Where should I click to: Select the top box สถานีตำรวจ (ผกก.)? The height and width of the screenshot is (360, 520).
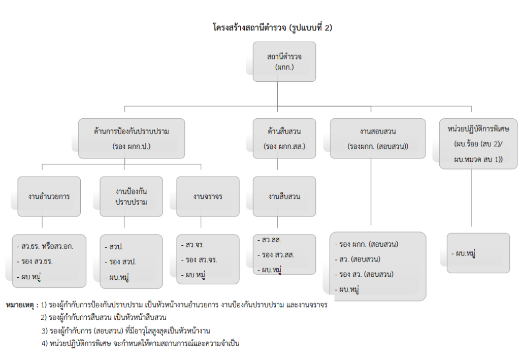tap(284, 61)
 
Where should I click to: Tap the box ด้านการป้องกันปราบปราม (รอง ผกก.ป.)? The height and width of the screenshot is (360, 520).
tap(131, 139)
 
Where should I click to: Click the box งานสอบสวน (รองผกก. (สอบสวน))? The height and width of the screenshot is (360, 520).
tap(377, 139)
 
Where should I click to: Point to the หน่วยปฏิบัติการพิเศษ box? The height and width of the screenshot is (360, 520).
tap(478, 144)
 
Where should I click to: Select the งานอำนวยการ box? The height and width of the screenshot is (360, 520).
tap(49, 196)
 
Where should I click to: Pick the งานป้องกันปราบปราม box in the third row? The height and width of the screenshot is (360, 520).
tap(131, 196)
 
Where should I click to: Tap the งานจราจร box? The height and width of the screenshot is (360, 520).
tap(207, 196)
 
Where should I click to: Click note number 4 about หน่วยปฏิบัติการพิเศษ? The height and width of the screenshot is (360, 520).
tap(140, 343)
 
